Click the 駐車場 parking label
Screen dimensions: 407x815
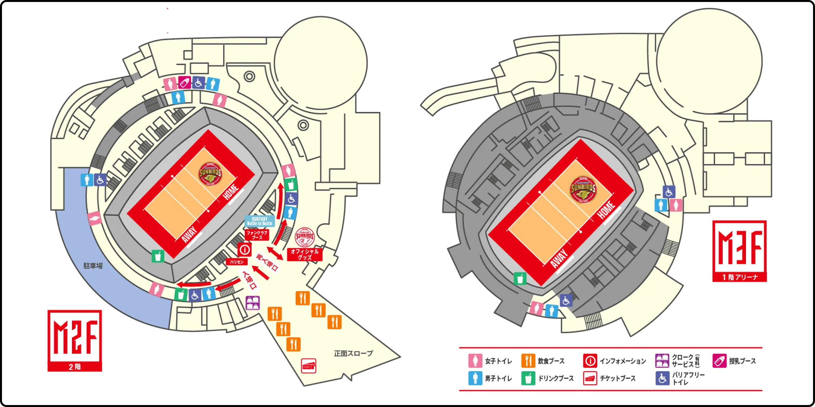pos(93,266)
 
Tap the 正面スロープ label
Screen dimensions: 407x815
pos(353,353)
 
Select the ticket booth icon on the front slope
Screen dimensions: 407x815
pos(309,366)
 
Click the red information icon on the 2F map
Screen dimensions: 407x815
pos(244,250)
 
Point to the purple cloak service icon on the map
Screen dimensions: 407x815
pos(253,303)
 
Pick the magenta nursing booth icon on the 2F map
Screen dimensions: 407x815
pos(184,83)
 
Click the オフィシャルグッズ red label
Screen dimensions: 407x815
pos(305,254)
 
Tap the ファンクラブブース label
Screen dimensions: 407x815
pos(257,235)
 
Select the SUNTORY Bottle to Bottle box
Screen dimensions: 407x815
pos(260,221)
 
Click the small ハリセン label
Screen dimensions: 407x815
pos(237,262)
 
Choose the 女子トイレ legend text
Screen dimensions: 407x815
pos(498,361)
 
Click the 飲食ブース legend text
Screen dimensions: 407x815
pos(551,361)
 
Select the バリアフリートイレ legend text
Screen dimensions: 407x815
pos(688,378)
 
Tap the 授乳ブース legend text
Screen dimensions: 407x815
pos(742,361)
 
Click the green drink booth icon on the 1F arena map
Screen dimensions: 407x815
pos(520,278)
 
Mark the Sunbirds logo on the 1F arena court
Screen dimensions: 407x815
pos(583,189)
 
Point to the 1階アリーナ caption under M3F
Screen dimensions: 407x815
pos(739,277)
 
